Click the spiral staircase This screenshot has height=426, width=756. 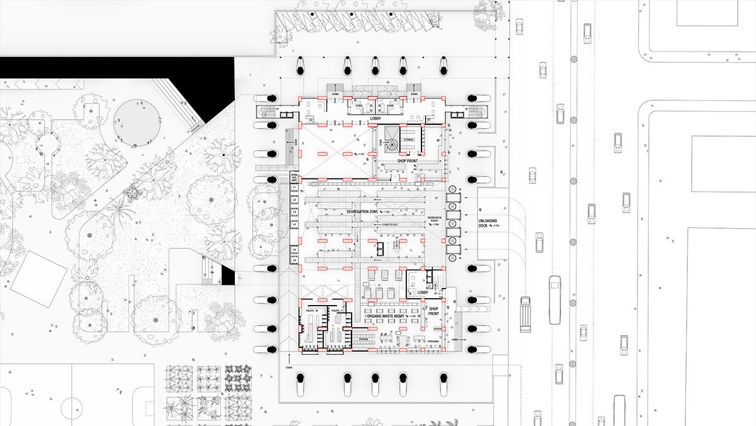click(x=392, y=144)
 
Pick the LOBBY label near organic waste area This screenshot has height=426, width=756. click(x=423, y=293)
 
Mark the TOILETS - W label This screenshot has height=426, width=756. click(x=311, y=310)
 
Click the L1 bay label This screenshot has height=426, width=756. click(x=294, y=188)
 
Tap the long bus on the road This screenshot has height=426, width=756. click(x=555, y=299)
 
